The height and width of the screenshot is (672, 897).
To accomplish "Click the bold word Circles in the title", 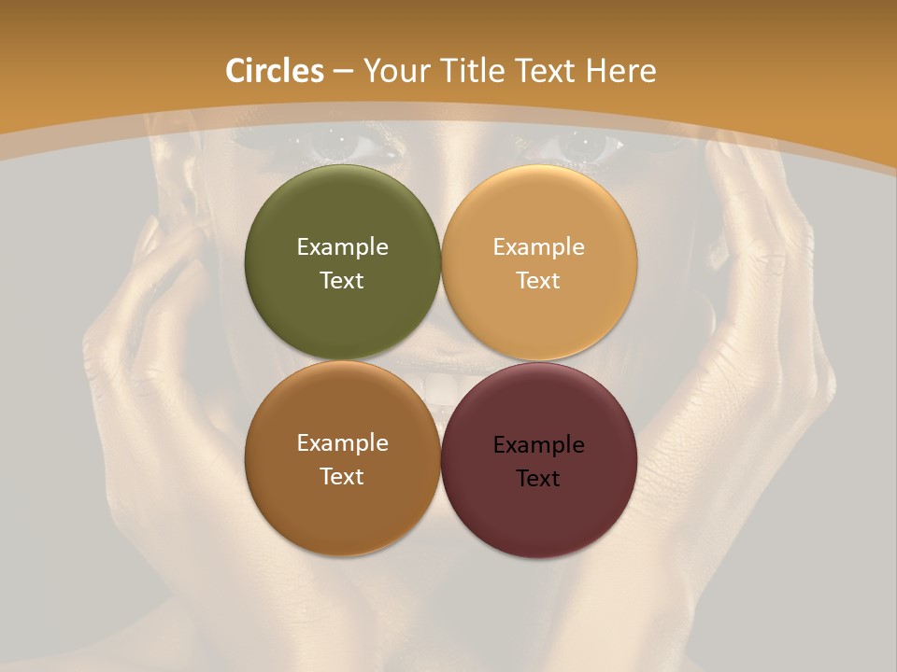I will [275, 71].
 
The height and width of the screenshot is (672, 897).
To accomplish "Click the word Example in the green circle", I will [342, 247].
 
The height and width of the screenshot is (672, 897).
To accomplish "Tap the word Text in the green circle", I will [342, 281].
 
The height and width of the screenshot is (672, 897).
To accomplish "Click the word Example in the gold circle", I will [539, 247].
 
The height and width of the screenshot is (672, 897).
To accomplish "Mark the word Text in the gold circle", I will [539, 281].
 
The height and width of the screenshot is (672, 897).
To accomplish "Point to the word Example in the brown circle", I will [342, 443].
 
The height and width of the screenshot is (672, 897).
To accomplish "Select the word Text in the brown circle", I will [342, 477].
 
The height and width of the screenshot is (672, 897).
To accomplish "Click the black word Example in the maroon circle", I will [539, 445].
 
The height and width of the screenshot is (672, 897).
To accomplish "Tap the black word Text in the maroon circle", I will [539, 479].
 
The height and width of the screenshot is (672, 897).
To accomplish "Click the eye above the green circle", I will [334, 143].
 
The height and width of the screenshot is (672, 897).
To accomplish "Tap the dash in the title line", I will [342, 72].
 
